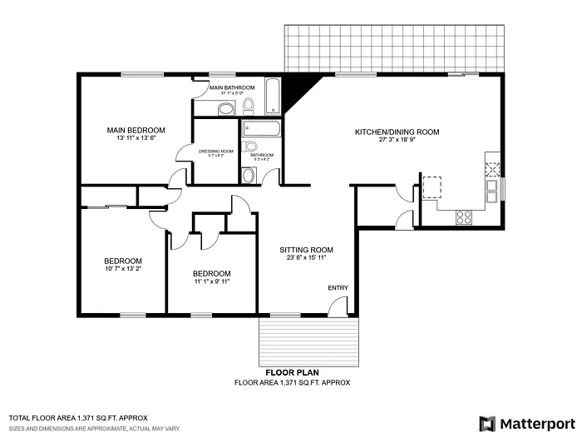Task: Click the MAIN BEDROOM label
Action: point(136,130)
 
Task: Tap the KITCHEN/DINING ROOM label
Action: point(397,132)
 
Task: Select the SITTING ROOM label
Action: point(306,250)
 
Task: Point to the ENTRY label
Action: point(338,288)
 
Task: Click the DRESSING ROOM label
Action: point(215,151)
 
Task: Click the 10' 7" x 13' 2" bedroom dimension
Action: point(123,269)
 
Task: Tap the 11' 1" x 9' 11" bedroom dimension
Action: point(211,281)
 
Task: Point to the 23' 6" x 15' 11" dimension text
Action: point(306,258)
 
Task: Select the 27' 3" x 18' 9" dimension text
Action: point(397,140)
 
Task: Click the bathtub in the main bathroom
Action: point(274,97)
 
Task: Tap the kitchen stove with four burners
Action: point(464,217)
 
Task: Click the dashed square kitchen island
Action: point(432,187)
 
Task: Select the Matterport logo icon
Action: point(487,423)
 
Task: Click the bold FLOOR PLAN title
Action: point(292,372)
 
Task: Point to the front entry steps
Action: point(309,341)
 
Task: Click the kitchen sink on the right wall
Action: point(493,192)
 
